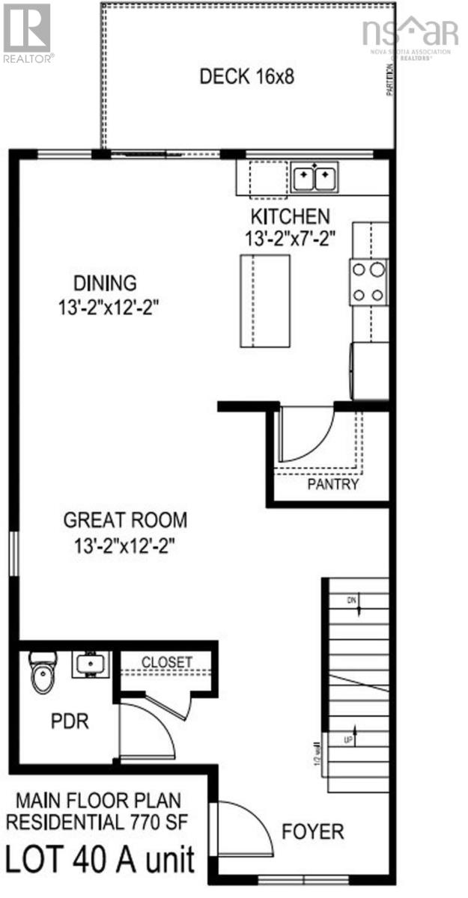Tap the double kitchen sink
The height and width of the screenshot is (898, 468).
[x=314, y=178]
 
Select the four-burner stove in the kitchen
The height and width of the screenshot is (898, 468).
[x=368, y=281]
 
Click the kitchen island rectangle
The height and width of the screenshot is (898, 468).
[x=264, y=300]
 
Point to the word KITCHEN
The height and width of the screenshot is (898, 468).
[x=289, y=217]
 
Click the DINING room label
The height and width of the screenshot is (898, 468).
[x=105, y=283]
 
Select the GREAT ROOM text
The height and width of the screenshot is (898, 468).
[x=125, y=519]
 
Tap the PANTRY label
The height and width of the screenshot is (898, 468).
[x=333, y=484]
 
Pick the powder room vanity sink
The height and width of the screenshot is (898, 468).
[x=91, y=664]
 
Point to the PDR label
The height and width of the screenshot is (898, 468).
[x=70, y=722]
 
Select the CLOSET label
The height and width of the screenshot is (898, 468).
[x=167, y=662]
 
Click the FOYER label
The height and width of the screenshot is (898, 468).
[x=313, y=831]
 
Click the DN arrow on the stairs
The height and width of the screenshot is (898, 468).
[x=355, y=603]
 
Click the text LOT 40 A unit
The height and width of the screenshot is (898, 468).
[x=101, y=859]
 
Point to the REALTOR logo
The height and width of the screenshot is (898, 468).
[x=27, y=31]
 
